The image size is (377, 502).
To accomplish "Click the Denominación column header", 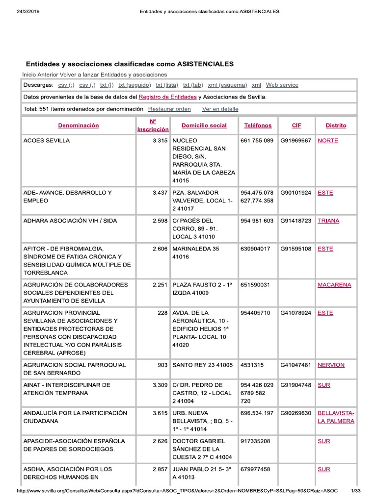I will coord(78,125).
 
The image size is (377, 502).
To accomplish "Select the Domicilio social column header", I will coord(204,125).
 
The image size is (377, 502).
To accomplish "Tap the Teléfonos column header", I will coord(258,125).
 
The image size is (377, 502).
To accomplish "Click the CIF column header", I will coord(296,125).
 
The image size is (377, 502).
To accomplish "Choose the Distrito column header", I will coord(336,125).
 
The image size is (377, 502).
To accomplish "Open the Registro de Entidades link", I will coord(168,97).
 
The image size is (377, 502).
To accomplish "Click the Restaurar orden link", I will coord(169,109).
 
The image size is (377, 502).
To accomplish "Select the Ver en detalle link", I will coord(220,109).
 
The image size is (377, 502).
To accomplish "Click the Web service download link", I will coord(282,85).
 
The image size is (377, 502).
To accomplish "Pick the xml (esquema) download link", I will coord(227,85).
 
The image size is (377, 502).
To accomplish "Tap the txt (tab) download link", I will coord(193,85).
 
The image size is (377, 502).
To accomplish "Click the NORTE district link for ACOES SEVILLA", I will coord(328,141).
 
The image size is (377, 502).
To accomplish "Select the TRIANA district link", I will coord(328,221).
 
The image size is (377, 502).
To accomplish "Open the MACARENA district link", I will coord(334,285).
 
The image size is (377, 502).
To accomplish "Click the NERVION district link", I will coord(331,365).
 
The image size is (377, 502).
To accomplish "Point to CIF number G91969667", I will coord(296,141).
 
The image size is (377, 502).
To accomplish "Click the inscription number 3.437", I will coord(161,193).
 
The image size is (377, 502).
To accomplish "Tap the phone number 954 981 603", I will coord(257,221).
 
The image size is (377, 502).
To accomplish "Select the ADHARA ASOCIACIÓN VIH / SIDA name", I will coord(70,221).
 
